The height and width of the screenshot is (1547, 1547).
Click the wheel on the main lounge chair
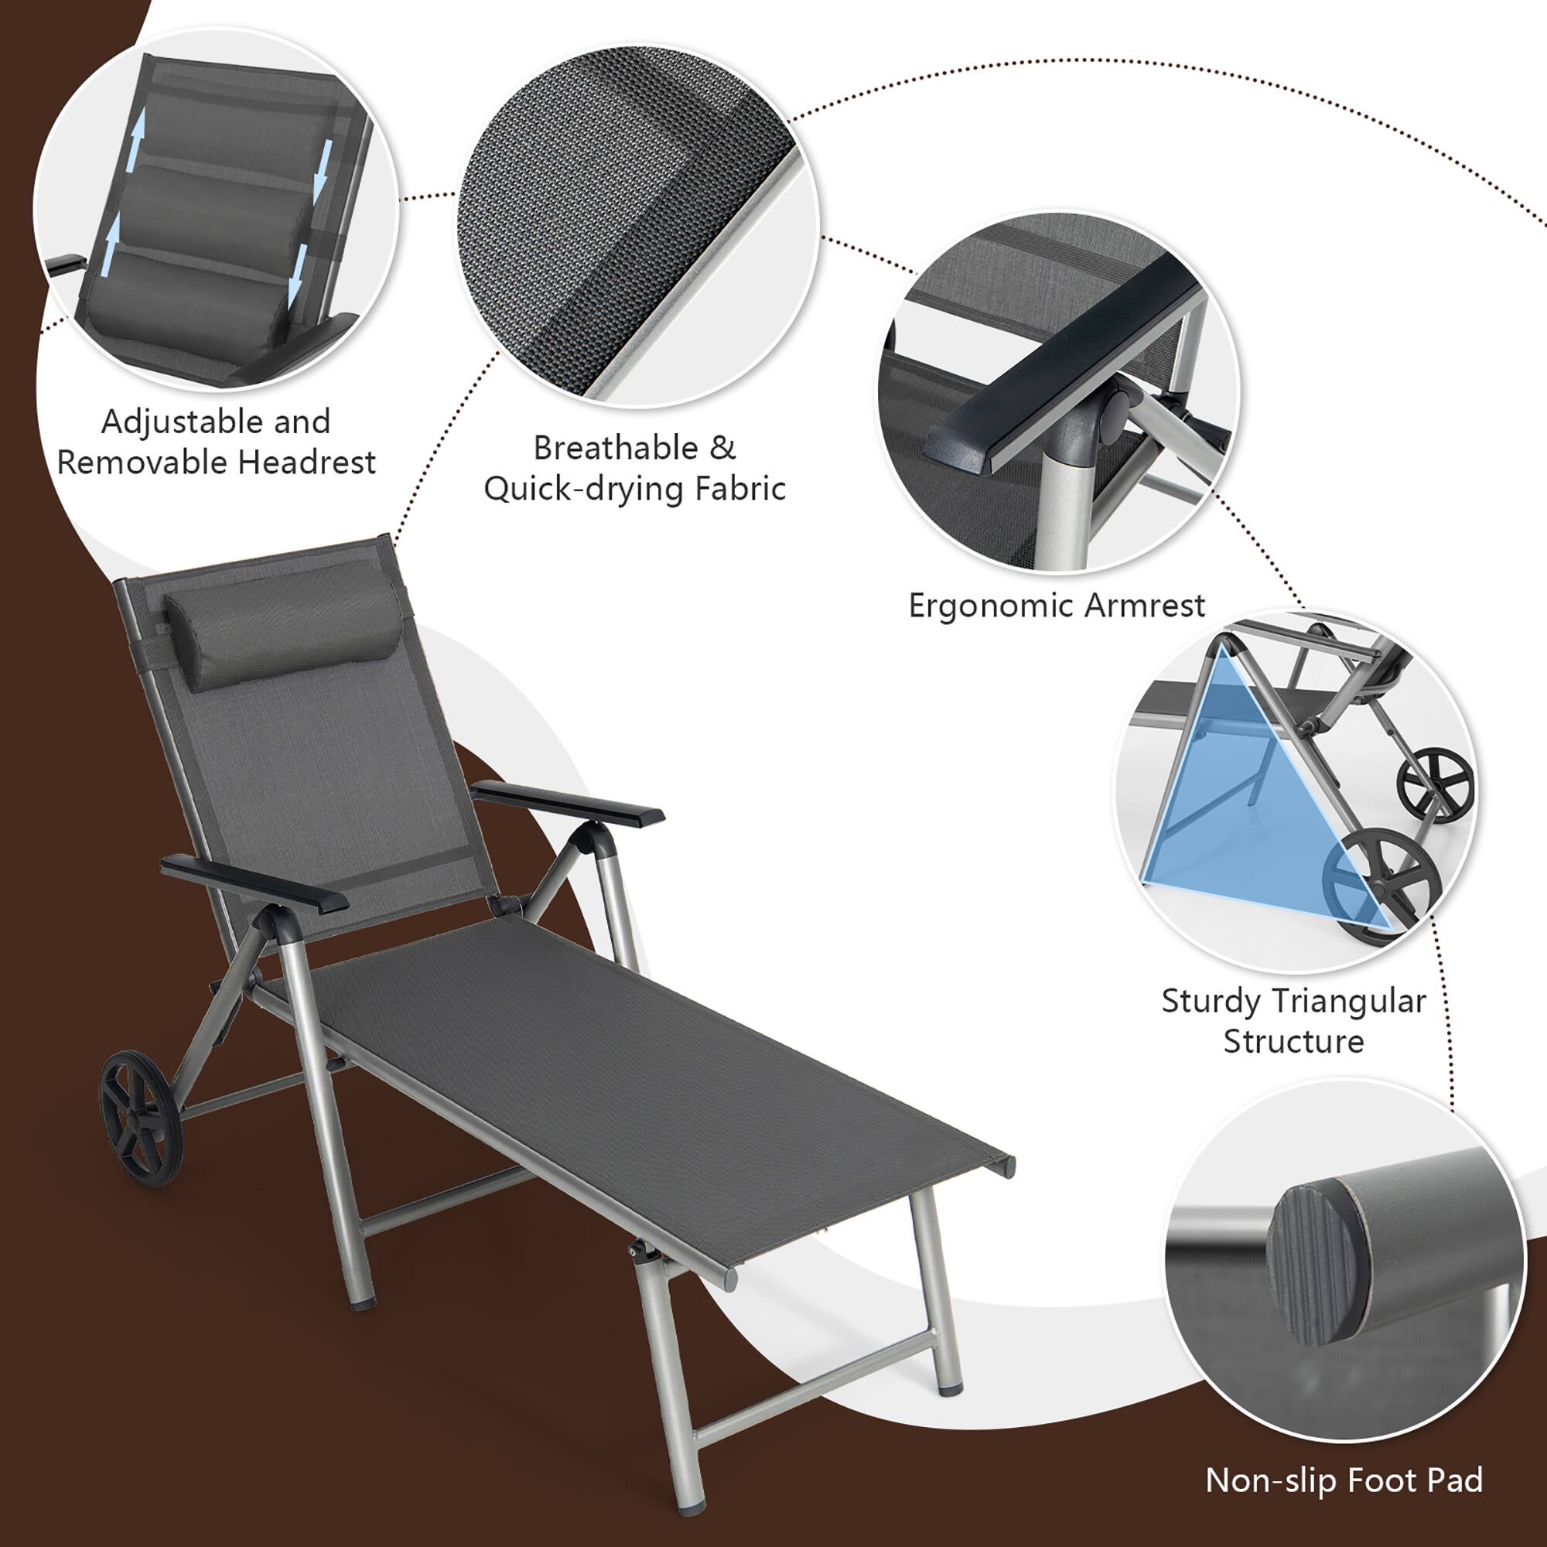(141, 1118)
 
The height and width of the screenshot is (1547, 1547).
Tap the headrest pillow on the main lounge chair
(282, 621)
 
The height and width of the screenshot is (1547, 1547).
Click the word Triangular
(1348, 1002)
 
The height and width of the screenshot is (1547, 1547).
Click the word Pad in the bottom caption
(1455, 1480)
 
